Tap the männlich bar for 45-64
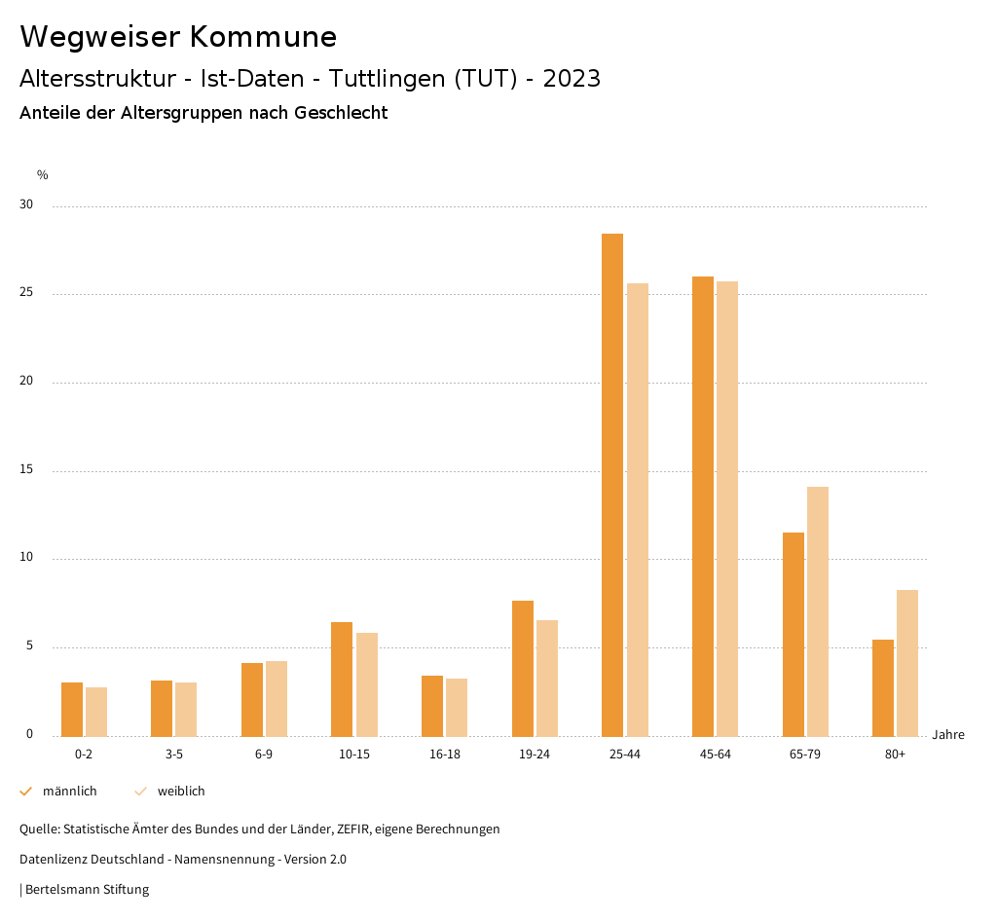pyautogui.click(x=703, y=506)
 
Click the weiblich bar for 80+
pyautogui.click(x=907, y=663)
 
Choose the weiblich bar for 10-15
pyautogui.click(x=367, y=684)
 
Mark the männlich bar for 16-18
pyautogui.click(x=432, y=706)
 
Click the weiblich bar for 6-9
pyautogui.click(x=277, y=698)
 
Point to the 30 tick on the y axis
pyautogui.click(x=27, y=205)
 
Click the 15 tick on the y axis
pyautogui.click(x=27, y=470)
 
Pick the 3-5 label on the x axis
pyautogui.click(x=174, y=755)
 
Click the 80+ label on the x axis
pyautogui.click(x=896, y=755)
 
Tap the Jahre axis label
pyautogui.click(x=948, y=735)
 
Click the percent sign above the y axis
pyautogui.click(x=43, y=175)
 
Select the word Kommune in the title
pyautogui.click(x=263, y=37)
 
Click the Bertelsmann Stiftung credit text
pyautogui.click(x=87, y=890)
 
